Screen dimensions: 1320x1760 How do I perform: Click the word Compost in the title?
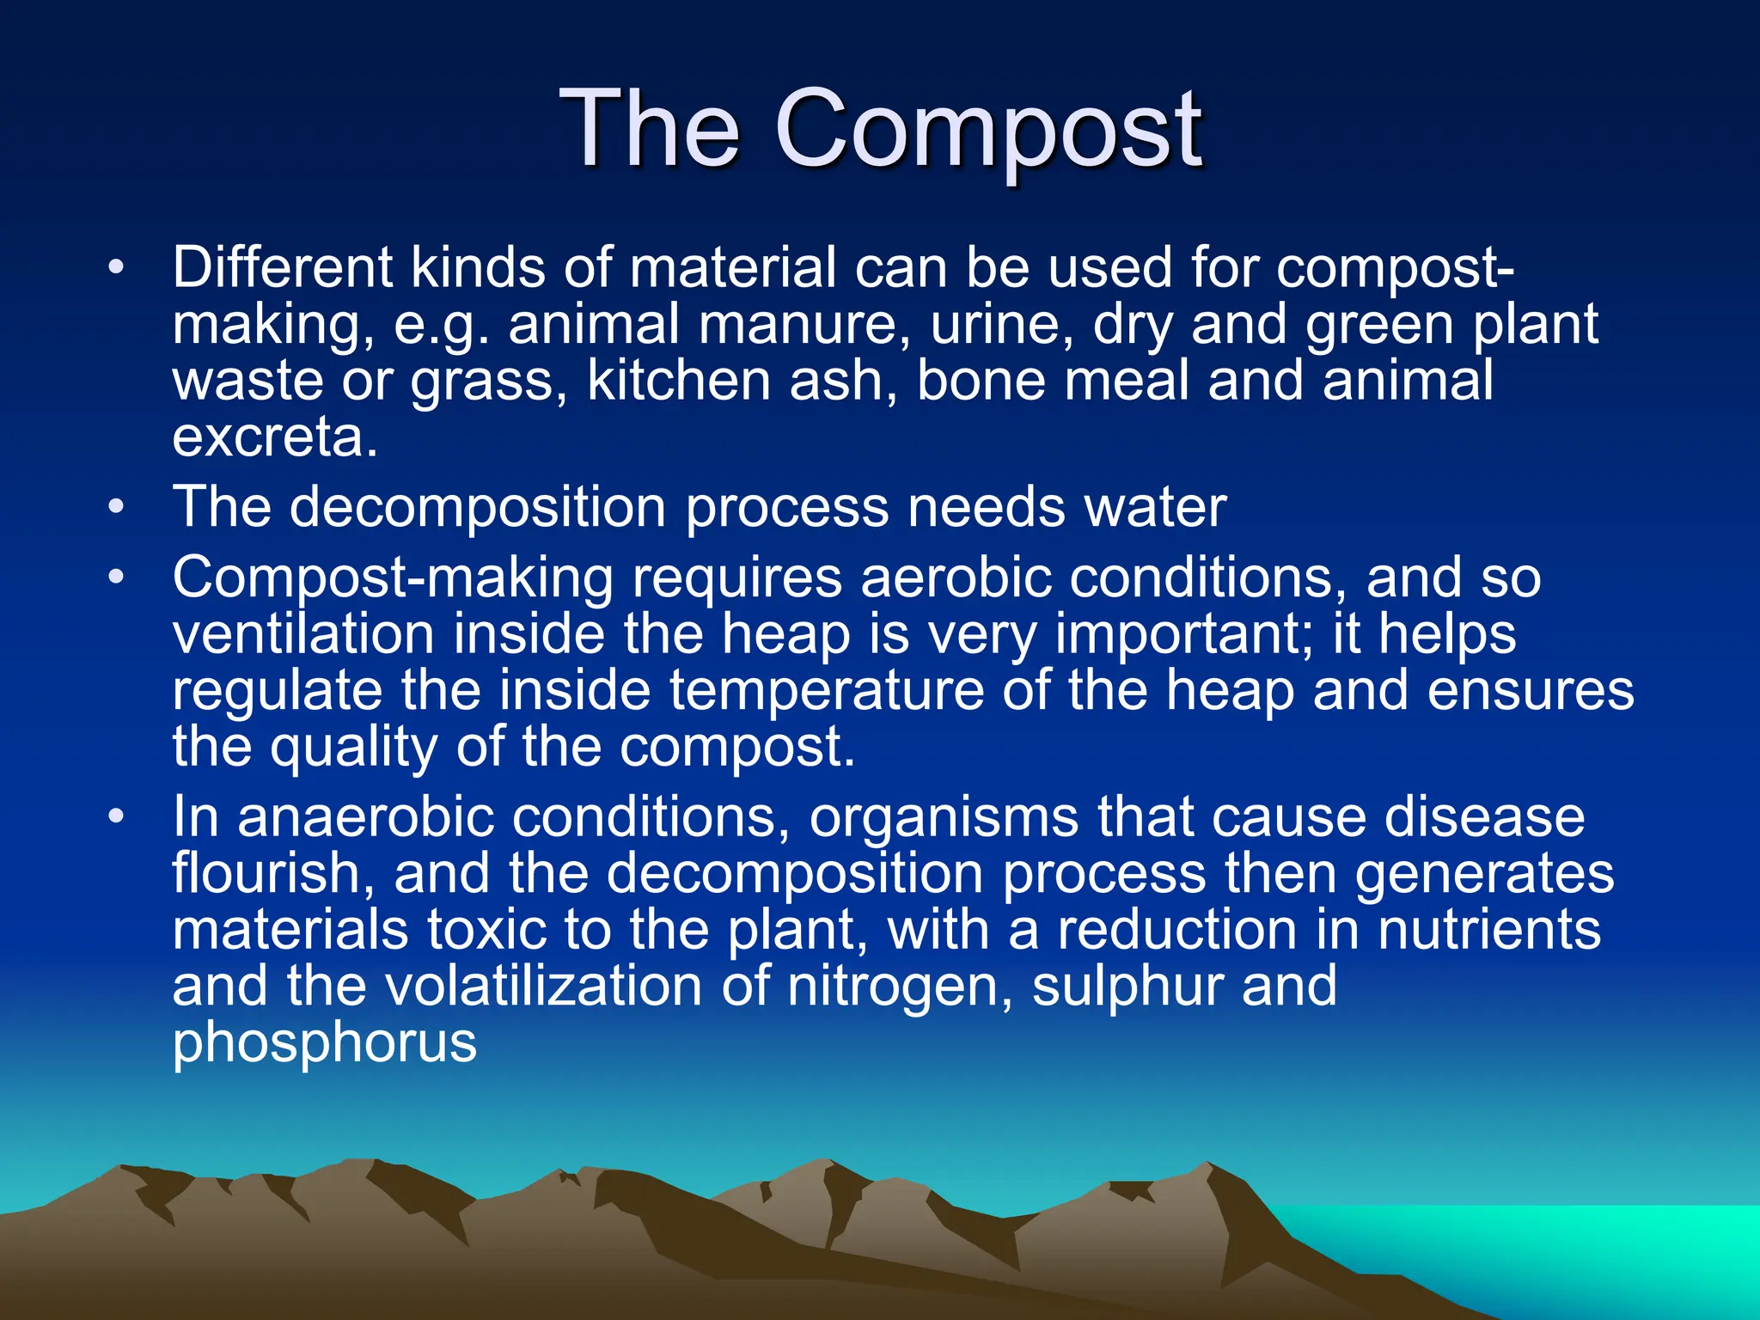click(x=988, y=131)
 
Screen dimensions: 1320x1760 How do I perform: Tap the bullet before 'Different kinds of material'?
click(x=116, y=267)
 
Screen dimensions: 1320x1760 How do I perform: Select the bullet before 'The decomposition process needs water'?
click(x=116, y=507)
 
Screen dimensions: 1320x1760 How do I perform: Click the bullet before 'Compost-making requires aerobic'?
click(x=116, y=577)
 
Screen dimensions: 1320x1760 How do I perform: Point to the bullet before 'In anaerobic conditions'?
click(x=116, y=816)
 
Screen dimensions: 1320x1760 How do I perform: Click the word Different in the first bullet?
click(x=282, y=267)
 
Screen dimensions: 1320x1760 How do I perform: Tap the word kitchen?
click(x=679, y=381)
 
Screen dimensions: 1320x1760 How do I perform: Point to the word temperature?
click(x=826, y=691)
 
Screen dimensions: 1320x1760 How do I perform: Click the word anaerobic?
click(x=365, y=816)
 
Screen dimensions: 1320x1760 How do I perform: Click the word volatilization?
click(x=544, y=987)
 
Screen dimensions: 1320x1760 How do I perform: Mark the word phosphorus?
click(x=324, y=1043)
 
